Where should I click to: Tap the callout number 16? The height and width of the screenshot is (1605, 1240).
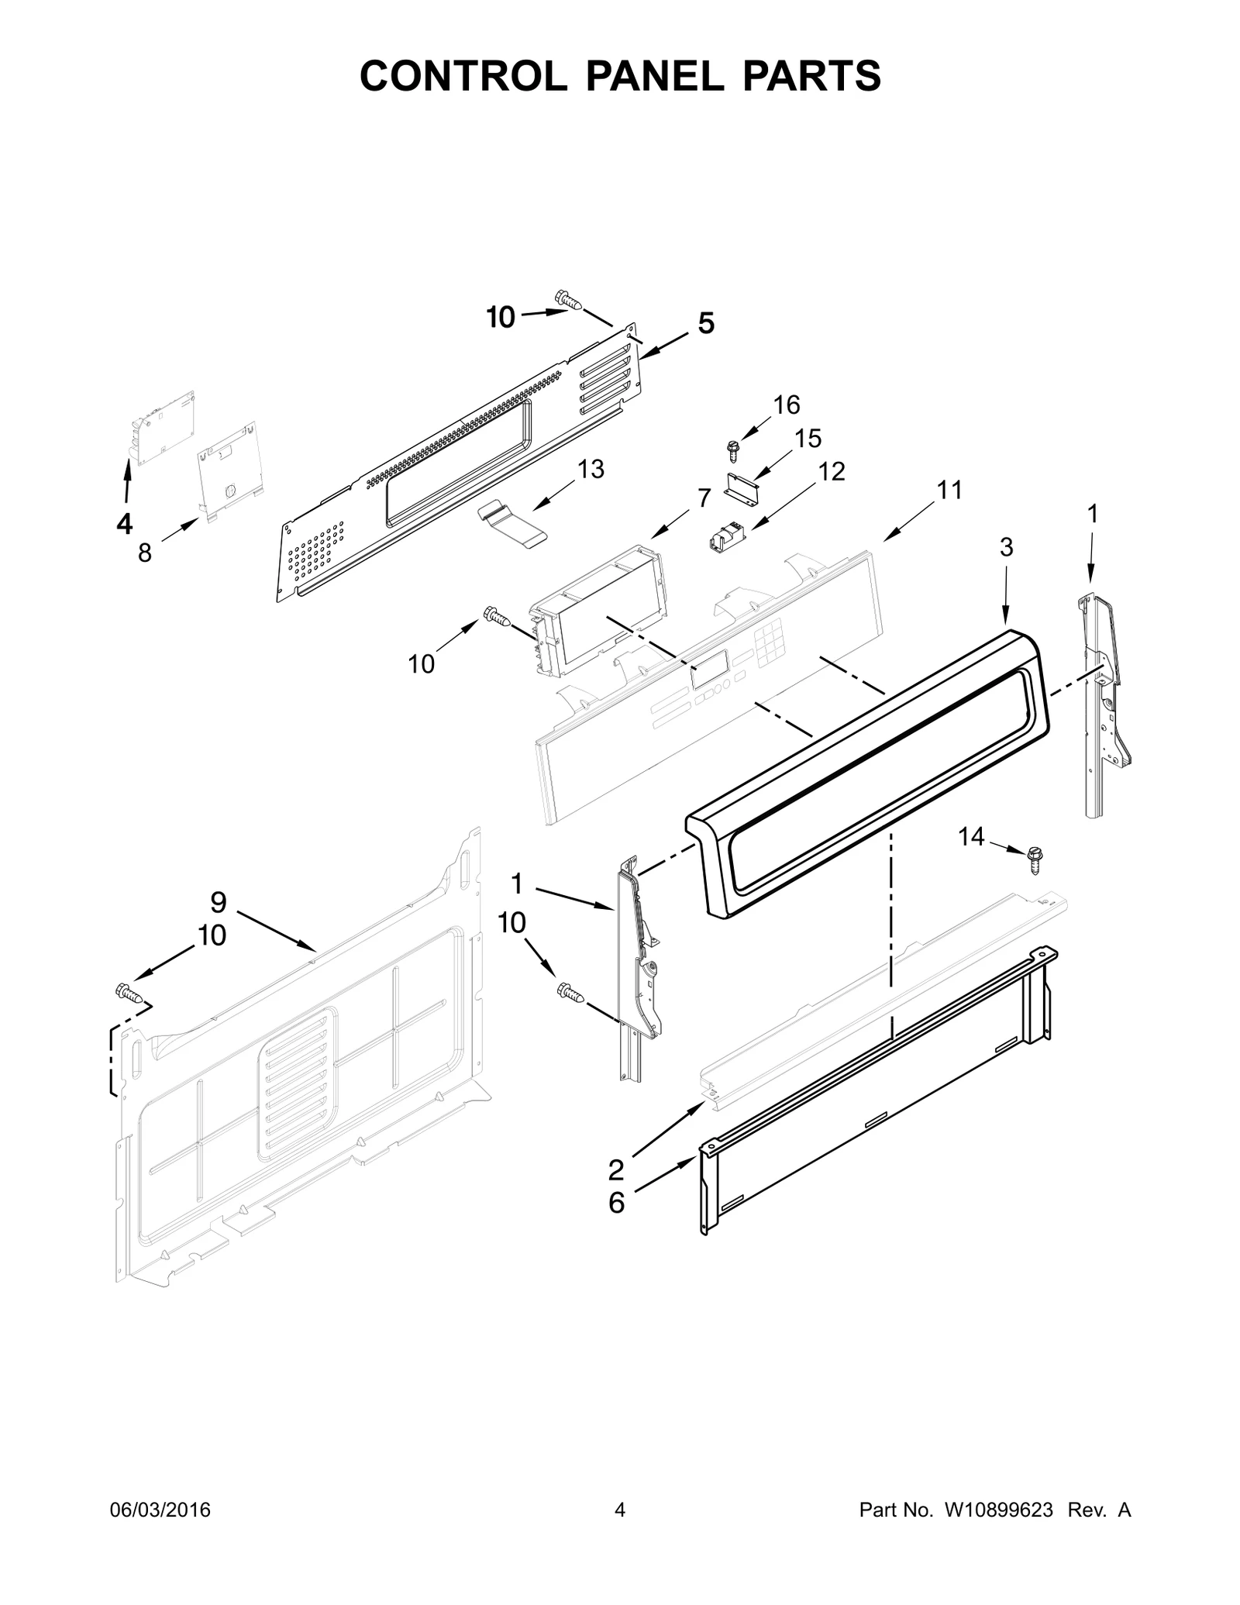pyautogui.click(x=787, y=405)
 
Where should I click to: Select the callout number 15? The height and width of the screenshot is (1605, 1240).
pyautogui.click(x=808, y=438)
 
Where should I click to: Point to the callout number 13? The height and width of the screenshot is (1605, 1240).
pyautogui.click(x=591, y=469)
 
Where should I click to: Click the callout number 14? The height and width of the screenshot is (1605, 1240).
pyautogui.click(x=971, y=836)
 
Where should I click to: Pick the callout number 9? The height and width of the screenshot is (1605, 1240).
pyautogui.click(x=219, y=902)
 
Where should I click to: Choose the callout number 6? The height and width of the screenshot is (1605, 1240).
pyautogui.click(x=616, y=1203)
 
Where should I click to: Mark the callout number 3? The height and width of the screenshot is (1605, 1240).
pyautogui.click(x=1006, y=548)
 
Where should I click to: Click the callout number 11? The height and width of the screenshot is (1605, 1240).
pyautogui.click(x=949, y=490)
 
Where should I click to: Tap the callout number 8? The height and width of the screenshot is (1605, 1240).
pyautogui.click(x=145, y=553)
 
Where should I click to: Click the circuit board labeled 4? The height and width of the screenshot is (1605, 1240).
pyautogui.click(x=165, y=427)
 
